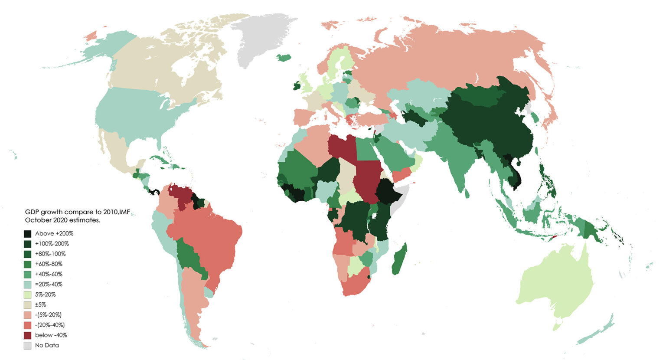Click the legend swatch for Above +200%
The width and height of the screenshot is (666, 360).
27,234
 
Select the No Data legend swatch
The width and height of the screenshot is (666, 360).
27,346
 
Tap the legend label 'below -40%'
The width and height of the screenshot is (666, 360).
51,335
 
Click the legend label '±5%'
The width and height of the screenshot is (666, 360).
40,305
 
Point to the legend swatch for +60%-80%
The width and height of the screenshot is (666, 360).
27,264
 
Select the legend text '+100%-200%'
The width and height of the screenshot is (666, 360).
52,244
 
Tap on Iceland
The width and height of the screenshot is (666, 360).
284,57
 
